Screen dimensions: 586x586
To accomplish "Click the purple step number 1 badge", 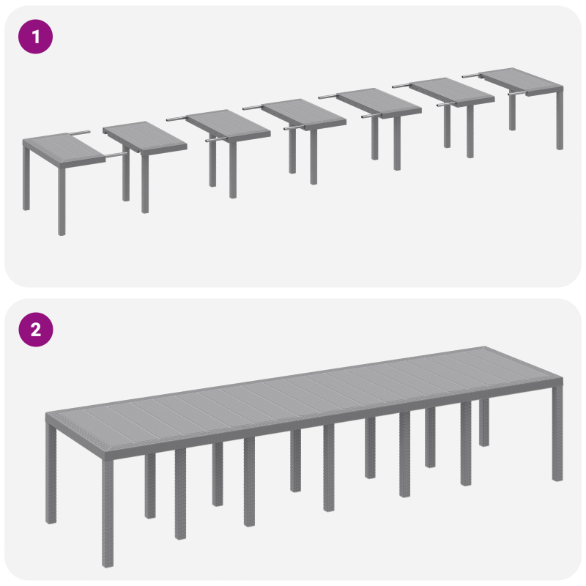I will click(35, 36).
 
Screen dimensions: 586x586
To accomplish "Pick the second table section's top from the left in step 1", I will click(145, 138).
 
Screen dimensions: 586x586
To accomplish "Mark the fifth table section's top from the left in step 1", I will click(379, 102).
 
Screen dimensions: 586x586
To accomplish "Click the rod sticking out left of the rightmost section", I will click(472, 75).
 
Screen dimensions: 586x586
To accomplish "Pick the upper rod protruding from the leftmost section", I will click(80, 133).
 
